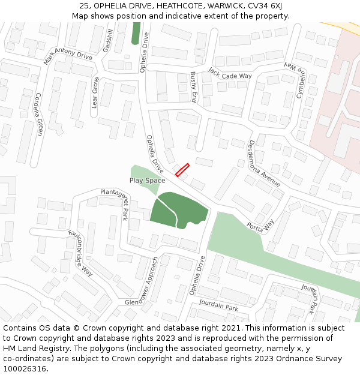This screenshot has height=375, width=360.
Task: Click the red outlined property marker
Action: [x=182, y=170]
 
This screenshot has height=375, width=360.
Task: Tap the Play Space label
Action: [x=147, y=180]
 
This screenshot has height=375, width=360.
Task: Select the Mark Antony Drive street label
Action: [x=68, y=56]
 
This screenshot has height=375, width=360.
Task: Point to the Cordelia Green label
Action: [x=39, y=114]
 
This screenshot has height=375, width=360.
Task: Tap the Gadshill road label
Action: [x=108, y=40]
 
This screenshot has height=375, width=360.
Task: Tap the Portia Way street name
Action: [x=260, y=226]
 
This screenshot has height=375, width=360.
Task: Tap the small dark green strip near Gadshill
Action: [x=136, y=33]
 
